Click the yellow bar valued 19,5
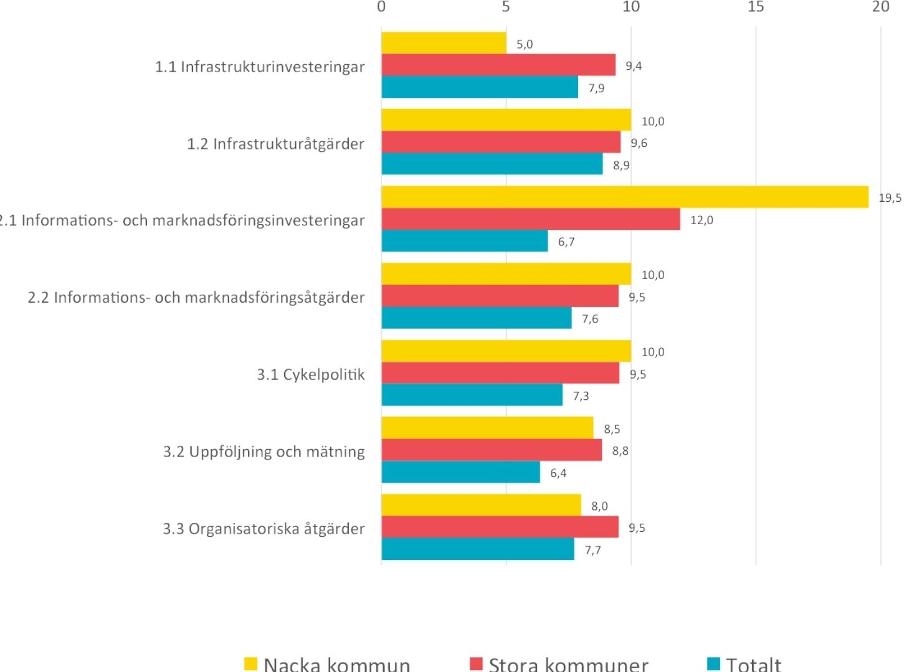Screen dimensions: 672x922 pyautogui.click(x=624, y=197)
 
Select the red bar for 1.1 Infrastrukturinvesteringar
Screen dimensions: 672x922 pyautogui.click(x=498, y=65)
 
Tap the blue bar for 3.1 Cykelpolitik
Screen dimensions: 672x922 pyautogui.click(x=472, y=395)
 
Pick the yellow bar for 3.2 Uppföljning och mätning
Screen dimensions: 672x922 pyautogui.click(x=487, y=428)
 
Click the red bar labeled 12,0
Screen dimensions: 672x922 pyautogui.click(x=530, y=219)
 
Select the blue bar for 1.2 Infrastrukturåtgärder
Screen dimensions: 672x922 pyautogui.click(x=492, y=164)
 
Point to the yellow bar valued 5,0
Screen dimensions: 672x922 pyautogui.click(x=444, y=43)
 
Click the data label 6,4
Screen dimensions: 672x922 pyautogui.click(x=558, y=473)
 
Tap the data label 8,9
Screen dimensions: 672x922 pyautogui.click(x=621, y=165)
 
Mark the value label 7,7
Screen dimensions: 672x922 pyautogui.click(x=592, y=550)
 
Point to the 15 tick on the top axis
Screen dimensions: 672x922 pyautogui.click(x=755, y=7)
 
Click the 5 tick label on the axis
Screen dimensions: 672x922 pyautogui.click(x=505, y=7)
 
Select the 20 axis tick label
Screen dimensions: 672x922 pyautogui.click(x=880, y=7)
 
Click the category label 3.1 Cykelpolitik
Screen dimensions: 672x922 pyautogui.click(x=310, y=374)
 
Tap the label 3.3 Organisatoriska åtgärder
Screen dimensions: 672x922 pyautogui.click(x=264, y=529)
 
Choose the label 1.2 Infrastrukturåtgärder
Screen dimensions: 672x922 pyautogui.click(x=275, y=144)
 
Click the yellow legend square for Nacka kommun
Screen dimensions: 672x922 pyautogui.click(x=250, y=663)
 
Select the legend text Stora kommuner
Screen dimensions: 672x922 pyautogui.click(x=568, y=664)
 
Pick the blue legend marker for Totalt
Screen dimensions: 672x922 pyautogui.click(x=713, y=663)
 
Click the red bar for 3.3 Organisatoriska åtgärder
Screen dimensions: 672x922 pyautogui.click(x=500, y=527)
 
